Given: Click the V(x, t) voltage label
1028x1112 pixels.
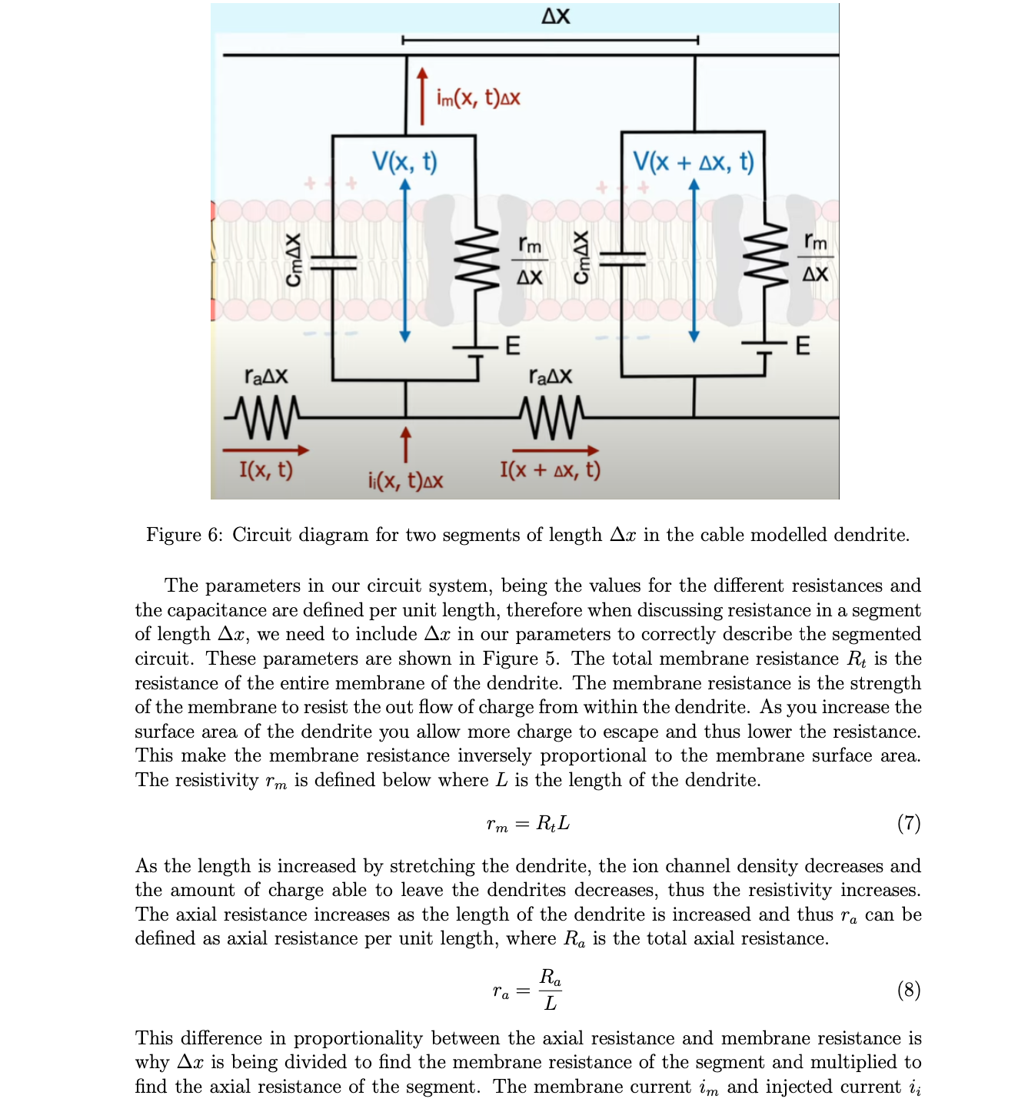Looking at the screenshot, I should (404, 161).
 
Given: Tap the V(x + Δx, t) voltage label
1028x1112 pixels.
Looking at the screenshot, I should (693, 161).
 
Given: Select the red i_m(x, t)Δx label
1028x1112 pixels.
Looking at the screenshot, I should (477, 98).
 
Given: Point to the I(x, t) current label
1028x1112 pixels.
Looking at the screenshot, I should (266, 470).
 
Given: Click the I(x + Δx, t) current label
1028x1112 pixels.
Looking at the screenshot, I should (550, 470).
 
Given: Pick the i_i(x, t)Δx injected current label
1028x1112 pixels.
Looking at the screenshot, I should (405, 481).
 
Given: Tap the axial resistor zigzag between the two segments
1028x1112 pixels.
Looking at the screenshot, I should (552, 417).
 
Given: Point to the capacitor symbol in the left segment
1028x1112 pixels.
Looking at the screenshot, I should (332, 261).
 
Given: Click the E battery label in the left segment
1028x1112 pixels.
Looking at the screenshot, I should (512, 346).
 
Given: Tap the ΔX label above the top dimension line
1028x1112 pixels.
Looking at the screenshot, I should (555, 16).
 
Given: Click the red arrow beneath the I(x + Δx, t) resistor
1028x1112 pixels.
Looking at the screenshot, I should (555, 450).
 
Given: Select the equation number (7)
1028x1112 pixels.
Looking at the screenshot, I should (908, 823).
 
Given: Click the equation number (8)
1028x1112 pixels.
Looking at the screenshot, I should (908, 990).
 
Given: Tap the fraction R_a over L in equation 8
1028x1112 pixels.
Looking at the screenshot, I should (550, 990).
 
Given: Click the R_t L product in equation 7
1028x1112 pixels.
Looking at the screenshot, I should (553, 824).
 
